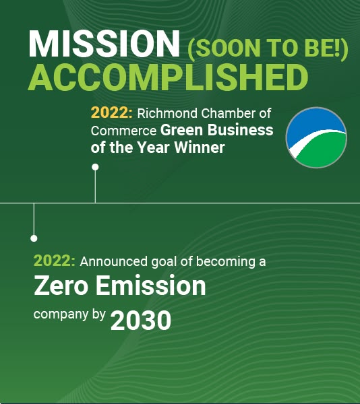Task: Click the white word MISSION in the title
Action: tap(104, 44)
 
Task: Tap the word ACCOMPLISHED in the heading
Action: tap(168, 77)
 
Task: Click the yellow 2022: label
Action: tap(112, 113)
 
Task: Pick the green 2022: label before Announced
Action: tap(55, 261)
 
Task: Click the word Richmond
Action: tap(167, 113)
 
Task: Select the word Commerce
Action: tap(123, 131)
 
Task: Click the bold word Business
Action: tap(241, 130)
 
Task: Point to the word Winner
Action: tap(200, 147)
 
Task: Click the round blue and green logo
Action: tap(316, 137)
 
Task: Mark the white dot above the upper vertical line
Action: tap(95, 167)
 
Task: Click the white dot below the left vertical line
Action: tap(34, 238)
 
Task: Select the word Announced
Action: tap(113, 261)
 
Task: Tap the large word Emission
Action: tap(151, 285)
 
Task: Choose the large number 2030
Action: tap(141, 321)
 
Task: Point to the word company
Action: tap(61, 315)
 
